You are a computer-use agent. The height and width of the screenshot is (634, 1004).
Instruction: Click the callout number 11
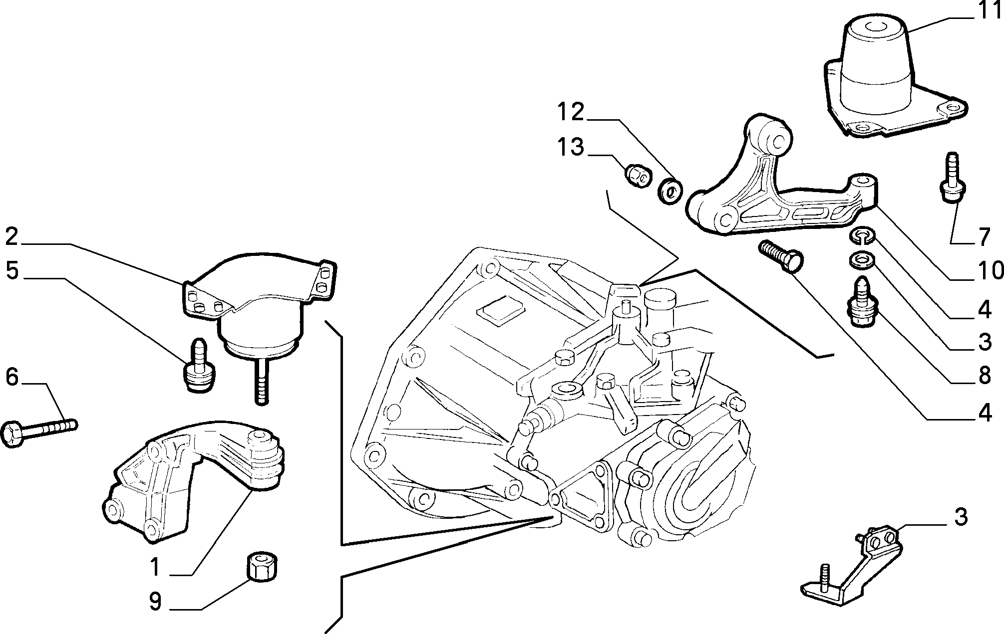tap(987, 11)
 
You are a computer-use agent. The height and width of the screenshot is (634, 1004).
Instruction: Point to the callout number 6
tap(12, 377)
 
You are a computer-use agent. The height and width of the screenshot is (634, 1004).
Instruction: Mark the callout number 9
tap(155, 602)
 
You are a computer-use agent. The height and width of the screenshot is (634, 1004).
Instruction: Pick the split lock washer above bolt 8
tap(862, 236)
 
